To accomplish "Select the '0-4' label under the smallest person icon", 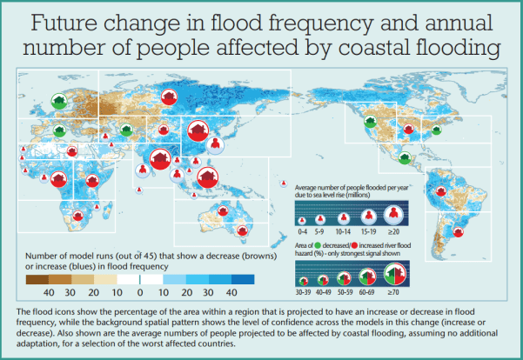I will point(303,233).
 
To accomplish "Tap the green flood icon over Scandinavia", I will point(59,103).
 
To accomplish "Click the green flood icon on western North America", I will point(361,126).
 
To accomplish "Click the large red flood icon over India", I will point(159,159).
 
